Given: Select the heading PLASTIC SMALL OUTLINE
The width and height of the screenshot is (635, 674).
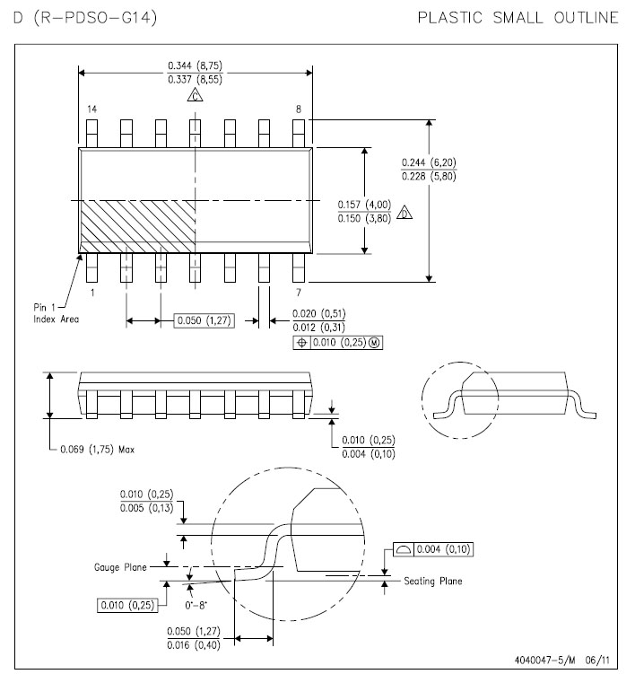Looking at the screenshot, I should (x=518, y=17).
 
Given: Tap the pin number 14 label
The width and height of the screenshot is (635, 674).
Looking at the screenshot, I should (x=91, y=109).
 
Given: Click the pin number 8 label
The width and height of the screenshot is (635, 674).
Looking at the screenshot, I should (x=299, y=109).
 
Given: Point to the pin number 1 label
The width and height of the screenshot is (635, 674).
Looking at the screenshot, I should (x=91, y=292).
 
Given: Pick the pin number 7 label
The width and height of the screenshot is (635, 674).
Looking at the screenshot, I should (x=299, y=292).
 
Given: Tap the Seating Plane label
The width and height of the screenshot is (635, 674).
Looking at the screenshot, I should (x=433, y=582).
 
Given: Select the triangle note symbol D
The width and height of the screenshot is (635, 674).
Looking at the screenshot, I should (x=404, y=213).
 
